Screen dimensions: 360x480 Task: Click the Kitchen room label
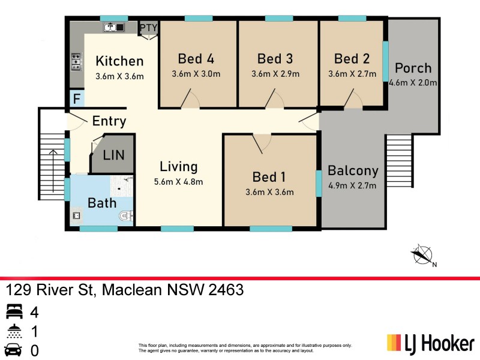click(119, 61)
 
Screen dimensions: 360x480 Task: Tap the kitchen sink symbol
click(113, 27)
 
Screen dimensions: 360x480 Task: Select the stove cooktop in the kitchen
click(77, 61)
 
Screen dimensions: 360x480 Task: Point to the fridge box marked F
click(76, 99)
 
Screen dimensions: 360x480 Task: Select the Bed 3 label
click(275, 59)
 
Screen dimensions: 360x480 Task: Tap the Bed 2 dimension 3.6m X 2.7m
click(352, 74)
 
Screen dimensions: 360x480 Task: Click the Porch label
click(413, 68)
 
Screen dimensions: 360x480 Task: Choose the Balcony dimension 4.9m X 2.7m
click(352, 185)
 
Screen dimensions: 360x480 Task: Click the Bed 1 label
click(269, 177)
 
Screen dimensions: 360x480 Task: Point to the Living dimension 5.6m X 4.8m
click(178, 182)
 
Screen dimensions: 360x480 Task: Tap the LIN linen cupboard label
click(113, 155)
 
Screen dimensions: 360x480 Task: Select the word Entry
click(109, 121)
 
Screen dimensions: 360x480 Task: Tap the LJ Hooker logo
click(430, 343)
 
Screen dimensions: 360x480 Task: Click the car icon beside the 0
click(13, 350)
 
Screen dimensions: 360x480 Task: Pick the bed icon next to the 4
click(13, 312)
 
